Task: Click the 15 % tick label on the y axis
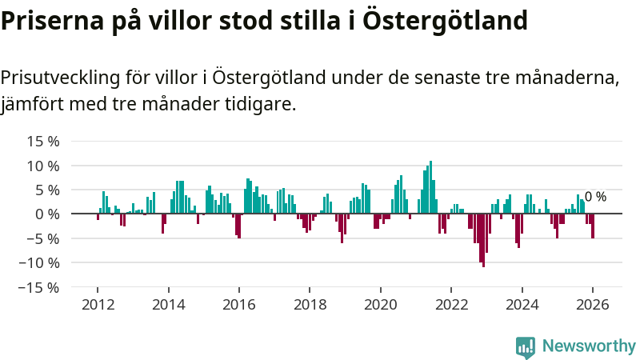point(43,142)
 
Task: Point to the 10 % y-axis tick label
point(43,166)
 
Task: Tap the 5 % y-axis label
point(46,190)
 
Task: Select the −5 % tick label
point(43,238)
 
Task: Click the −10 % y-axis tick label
point(40,262)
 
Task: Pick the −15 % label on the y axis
point(40,286)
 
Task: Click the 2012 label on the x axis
point(97,305)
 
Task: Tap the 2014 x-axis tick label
point(168,305)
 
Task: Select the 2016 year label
point(238,305)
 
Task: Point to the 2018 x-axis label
point(310,305)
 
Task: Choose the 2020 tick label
point(380,305)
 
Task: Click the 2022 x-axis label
point(451,305)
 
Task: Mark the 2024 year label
point(522,305)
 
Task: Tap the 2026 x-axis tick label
point(593,305)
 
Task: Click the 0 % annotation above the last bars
point(595,197)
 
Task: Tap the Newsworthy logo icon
point(526,346)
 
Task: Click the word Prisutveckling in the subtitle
point(60,78)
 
